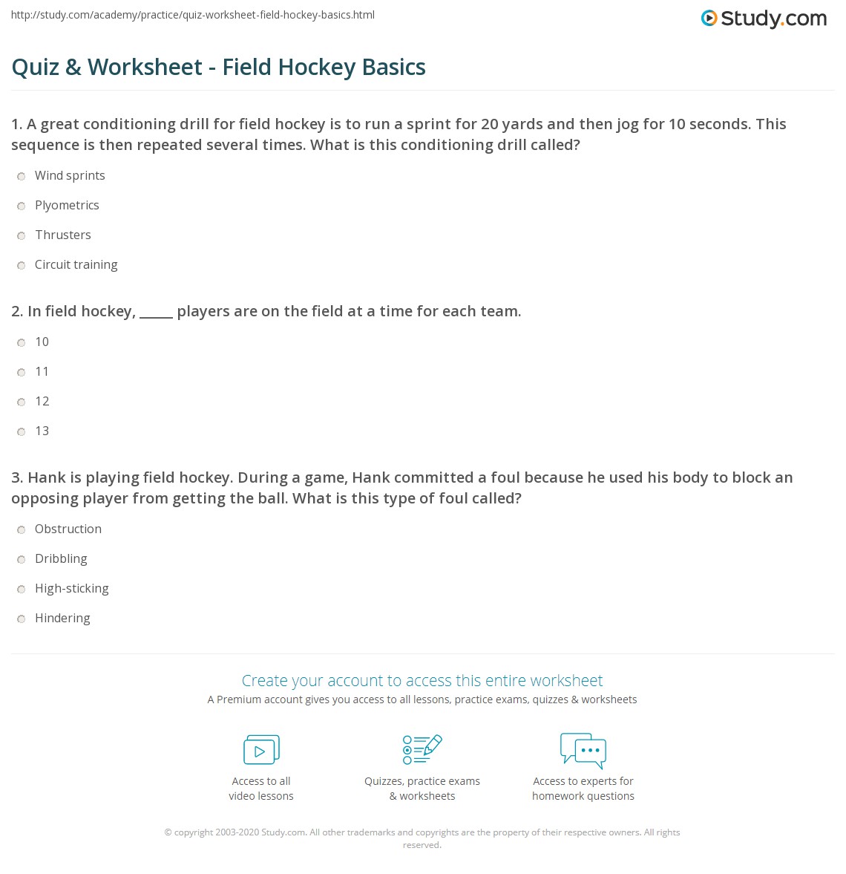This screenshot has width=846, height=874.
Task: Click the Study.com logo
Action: click(764, 19)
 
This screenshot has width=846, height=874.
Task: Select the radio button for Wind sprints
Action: click(22, 176)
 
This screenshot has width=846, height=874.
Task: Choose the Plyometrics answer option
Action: click(67, 206)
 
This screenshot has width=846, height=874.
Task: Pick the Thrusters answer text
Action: click(63, 235)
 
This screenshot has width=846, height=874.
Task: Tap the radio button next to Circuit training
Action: click(22, 265)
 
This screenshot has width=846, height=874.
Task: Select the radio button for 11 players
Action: click(22, 372)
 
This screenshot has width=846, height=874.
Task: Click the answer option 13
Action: click(42, 431)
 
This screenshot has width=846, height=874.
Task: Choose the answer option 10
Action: click(42, 342)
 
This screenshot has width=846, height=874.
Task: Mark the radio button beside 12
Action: click(22, 402)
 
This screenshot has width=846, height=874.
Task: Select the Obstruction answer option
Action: click(68, 529)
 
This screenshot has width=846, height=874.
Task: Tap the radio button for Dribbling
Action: click(22, 559)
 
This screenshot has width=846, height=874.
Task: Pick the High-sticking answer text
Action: click(72, 589)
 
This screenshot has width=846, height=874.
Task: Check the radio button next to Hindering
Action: click(22, 619)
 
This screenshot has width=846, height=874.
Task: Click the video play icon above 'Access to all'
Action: click(261, 750)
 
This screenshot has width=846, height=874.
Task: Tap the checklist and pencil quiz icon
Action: click(422, 749)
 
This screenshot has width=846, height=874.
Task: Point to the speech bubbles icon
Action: click(583, 750)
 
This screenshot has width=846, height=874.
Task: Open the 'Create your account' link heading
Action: click(422, 680)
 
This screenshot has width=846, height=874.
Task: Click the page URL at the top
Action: click(193, 15)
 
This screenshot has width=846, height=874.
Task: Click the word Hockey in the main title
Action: click(317, 67)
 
